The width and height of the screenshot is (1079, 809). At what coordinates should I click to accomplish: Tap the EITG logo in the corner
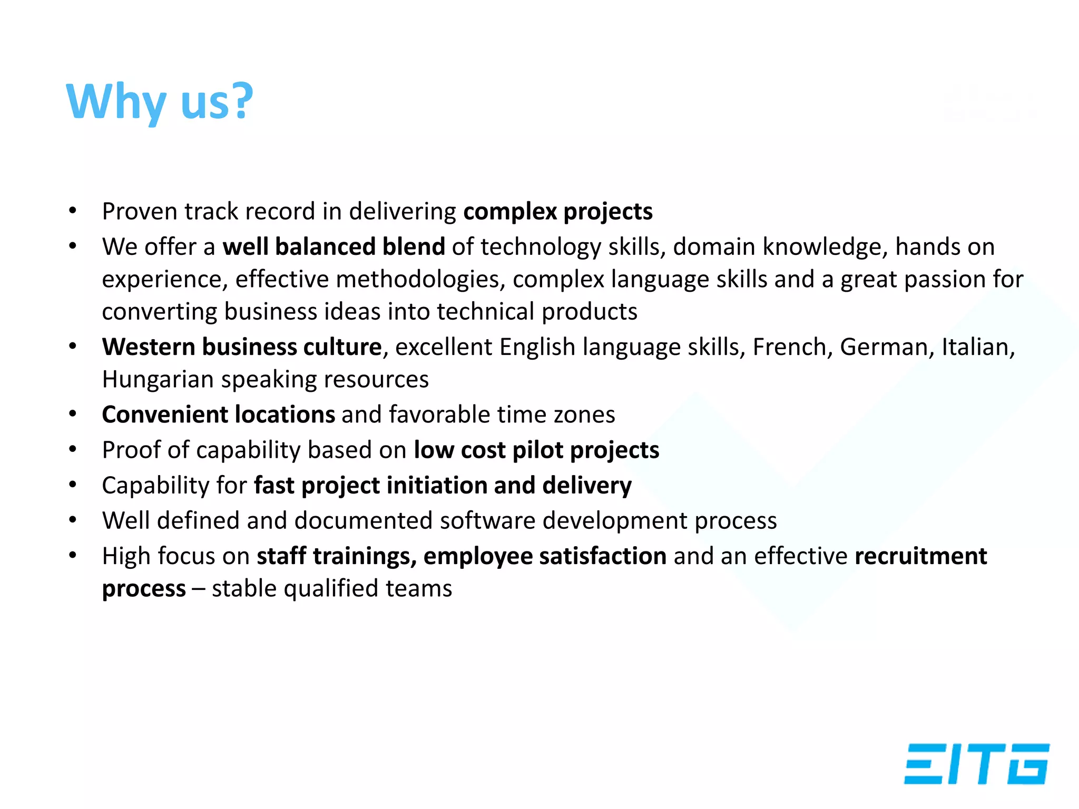(x=977, y=764)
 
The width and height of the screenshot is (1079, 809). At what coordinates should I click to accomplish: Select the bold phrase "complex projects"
(x=558, y=212)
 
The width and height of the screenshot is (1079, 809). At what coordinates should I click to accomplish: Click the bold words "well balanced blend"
(x=333, y=246)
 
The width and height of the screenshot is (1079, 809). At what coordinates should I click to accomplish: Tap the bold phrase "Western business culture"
(x=242, y=347)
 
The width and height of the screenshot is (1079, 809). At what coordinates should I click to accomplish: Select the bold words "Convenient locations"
(x=219, y=415)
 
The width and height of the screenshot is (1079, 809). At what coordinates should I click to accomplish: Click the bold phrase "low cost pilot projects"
(x=536, y=450)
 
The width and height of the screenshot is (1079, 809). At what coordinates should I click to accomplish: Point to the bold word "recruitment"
(x=920, y=556)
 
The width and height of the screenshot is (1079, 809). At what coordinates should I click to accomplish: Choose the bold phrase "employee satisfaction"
(x=545, y=556)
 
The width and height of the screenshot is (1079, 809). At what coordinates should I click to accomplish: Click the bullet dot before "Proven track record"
(x=73, y=212)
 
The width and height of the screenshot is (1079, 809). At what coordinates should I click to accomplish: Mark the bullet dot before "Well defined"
(x=73, y=521)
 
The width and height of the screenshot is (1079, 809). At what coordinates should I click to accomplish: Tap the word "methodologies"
(x=418, y=279)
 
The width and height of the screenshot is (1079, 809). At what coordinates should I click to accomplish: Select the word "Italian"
(x=977, y=347)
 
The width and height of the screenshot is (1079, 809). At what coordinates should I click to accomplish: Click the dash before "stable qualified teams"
(x=199, y=589)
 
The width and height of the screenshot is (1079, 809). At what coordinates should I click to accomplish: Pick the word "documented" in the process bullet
(x=364, y=521)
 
